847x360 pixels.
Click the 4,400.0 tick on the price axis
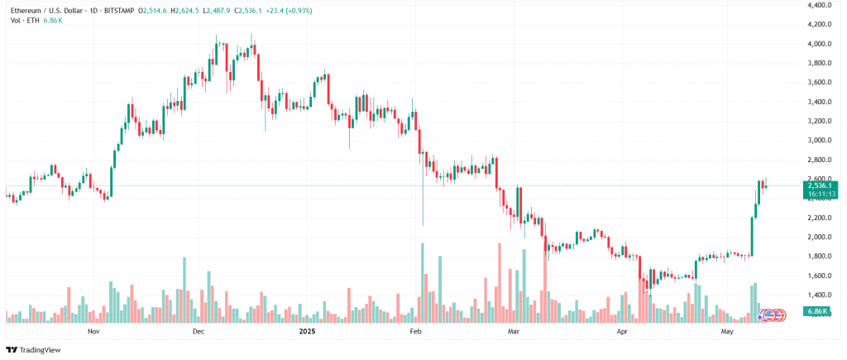819,5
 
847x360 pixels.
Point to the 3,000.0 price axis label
819,141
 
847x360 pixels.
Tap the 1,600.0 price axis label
819,276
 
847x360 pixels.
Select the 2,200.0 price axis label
819,218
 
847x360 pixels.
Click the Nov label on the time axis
93,331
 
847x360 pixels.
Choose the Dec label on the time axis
198,331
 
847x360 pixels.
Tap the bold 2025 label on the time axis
307,331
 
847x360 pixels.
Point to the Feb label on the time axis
416,331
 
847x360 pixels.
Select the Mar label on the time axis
514,331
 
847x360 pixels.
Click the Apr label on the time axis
622,331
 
